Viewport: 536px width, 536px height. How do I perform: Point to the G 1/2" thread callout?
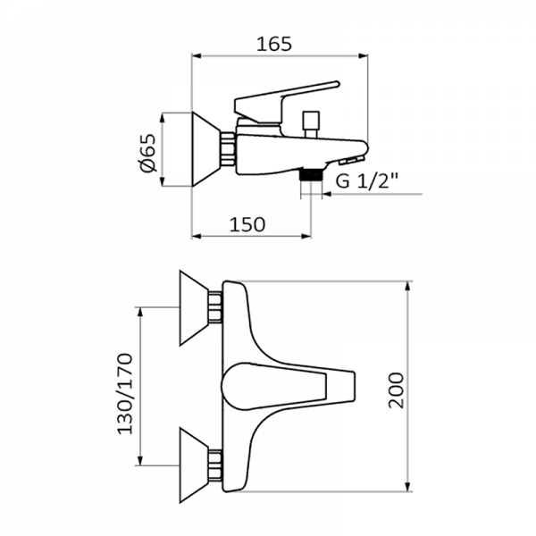click(366, 181)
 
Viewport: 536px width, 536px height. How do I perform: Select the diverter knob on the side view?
click(311, 121)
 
